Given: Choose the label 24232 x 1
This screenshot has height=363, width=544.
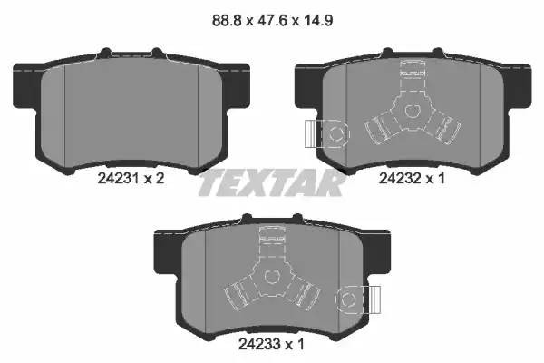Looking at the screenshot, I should pos(412,179).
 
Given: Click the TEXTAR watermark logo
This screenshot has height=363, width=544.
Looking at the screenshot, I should pos(271,184).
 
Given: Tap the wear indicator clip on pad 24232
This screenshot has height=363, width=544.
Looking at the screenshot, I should pos(322,133).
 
